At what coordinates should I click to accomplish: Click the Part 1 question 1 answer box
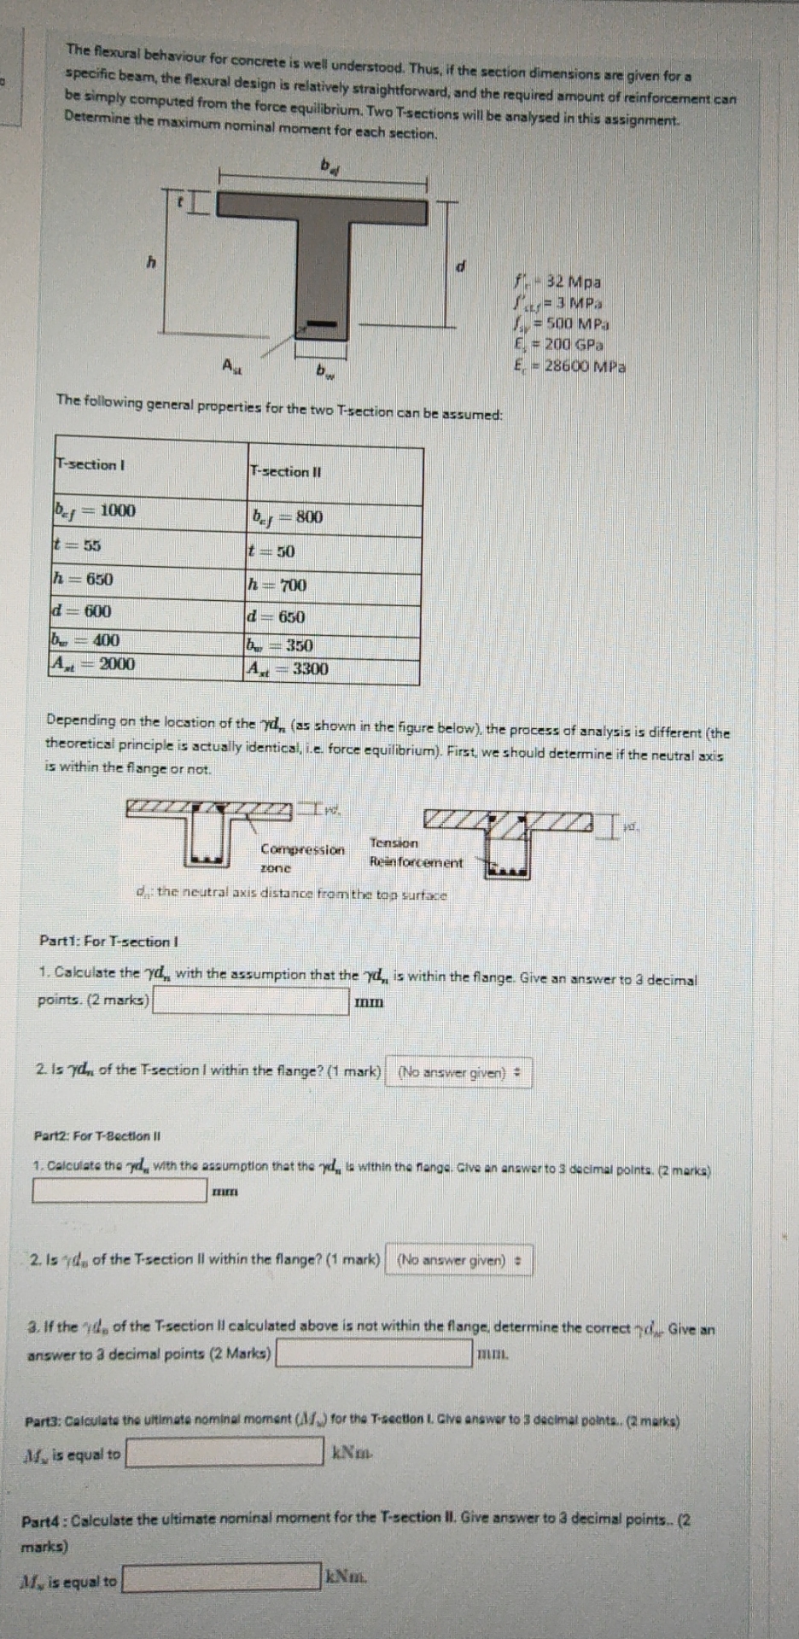click(251, 1000)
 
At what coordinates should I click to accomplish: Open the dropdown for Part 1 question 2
click(459, 1072)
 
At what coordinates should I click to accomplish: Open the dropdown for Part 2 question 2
click(458, 1260)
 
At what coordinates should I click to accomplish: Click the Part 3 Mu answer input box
click(225, 1452)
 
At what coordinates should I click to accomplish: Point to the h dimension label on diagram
click(151, 263)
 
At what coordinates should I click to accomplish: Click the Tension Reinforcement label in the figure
click(415, 853)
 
